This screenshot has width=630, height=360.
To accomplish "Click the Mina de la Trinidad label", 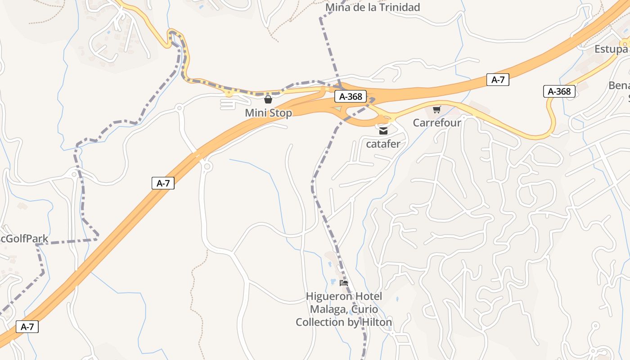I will [372, 7].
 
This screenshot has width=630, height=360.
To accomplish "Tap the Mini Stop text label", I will [268, 113].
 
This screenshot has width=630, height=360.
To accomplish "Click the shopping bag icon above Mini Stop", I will [268, 99].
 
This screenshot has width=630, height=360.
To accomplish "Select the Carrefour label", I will [437, 122].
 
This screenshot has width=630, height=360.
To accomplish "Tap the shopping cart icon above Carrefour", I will [436, 109].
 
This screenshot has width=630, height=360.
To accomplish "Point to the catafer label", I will [383, 144].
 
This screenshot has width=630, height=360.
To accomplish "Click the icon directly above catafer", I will [383, 131].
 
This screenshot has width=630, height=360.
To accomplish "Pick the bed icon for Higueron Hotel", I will [344, 283].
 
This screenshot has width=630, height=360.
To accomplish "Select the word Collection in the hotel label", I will [319, 322].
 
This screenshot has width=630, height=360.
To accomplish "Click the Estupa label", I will [611, 49].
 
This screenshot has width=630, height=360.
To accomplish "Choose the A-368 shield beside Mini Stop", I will [351, 96].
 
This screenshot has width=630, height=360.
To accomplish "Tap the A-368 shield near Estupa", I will [559, 91].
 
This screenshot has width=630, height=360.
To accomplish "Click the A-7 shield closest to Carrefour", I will [498, 80].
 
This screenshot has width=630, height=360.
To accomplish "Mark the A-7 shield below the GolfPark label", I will [27, 327].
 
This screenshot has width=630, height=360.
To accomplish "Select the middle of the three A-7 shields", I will [163, 183].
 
